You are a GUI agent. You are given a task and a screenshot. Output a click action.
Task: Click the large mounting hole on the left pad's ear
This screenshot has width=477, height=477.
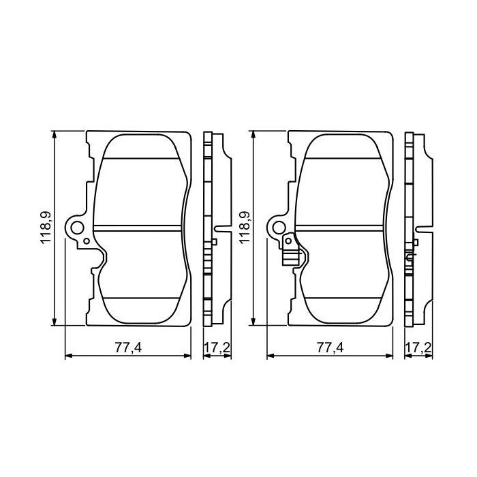tap(77, 228)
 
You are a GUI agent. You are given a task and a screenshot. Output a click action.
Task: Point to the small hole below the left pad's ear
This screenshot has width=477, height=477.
tap(85, 240)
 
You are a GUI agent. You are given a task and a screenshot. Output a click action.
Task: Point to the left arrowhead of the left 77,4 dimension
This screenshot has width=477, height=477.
tap(67, 356)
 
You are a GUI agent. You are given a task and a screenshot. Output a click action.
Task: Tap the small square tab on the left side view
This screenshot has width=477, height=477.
tap(215, 242)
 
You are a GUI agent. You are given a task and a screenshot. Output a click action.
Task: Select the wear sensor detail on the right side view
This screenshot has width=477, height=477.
tap(410, 258)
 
